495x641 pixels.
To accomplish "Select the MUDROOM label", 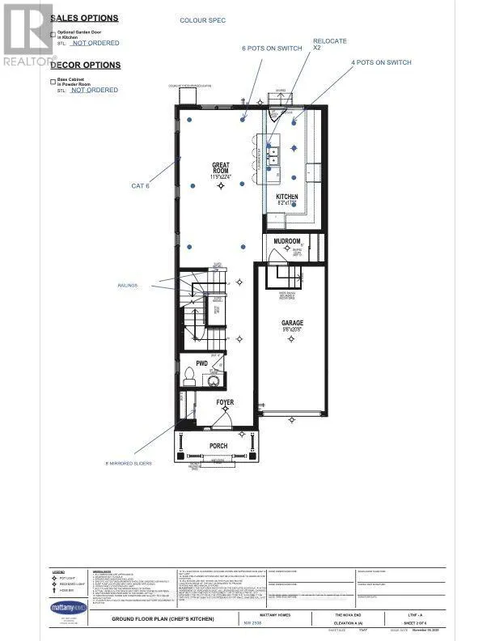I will pos(287,241).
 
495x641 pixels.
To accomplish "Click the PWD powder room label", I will pos(202,364).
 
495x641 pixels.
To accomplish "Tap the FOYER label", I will pos(225,402).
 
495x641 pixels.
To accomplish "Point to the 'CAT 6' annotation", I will pos(141,185).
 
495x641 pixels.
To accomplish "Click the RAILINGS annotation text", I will pos(128,285).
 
